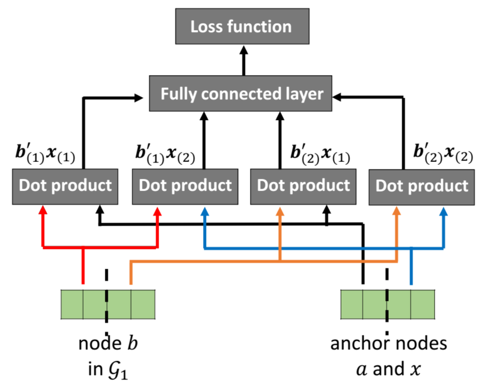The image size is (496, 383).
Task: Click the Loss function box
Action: pos(242,27)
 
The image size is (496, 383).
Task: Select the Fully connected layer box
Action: pos(243,94)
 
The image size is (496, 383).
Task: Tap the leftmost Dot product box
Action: pos(65,186)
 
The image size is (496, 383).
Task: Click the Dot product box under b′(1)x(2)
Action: pos(185,186)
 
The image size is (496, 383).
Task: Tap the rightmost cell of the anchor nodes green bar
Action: pos(423,304)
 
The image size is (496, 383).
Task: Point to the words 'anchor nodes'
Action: pos(389,344)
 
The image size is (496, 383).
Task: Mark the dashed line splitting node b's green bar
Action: pos(107,302)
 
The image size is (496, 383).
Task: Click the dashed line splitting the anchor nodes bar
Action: pos(387,302)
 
